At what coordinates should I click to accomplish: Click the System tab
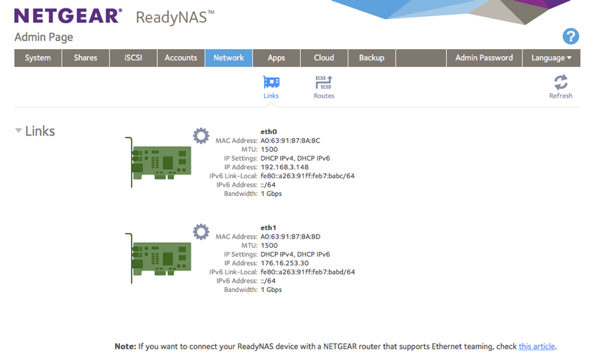click(38, 58)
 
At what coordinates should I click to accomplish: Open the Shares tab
click(86, 58)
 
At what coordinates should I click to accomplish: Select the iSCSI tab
click(133, 58)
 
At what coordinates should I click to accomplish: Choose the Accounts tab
click(181, 58)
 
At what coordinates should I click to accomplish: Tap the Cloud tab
click(324, 58)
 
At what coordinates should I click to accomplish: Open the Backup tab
click(372, 58)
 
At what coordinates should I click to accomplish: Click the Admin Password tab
click(485, 58)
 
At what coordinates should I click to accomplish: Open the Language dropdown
click(552, 58)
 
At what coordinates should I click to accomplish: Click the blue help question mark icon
click(571, 36)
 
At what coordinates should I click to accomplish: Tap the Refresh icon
click(561, 82)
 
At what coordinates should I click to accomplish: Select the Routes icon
click(324, 83)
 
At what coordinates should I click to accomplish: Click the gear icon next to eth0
click(201, 136)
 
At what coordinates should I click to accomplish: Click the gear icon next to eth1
click(201, 232)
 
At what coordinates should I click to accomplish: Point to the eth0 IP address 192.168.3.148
click(285, 167)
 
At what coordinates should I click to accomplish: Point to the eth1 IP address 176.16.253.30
click(285, 263)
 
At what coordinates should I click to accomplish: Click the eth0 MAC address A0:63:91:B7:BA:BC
click(290, 140)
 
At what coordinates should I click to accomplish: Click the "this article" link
click(536, 346)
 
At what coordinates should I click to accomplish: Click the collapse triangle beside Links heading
click(18, 131)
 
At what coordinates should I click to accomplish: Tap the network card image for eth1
click(158, 258)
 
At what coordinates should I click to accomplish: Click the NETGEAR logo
click(69, 16)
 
